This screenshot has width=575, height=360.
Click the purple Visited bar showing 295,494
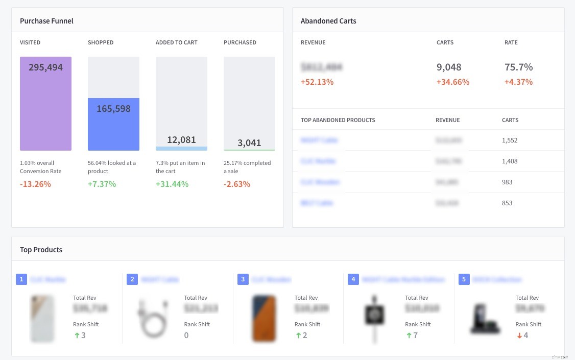click(45, 104)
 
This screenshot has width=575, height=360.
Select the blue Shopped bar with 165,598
click(113, 124)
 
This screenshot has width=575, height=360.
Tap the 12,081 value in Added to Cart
click(181, 139)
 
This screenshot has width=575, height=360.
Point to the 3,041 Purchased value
click(249, 143)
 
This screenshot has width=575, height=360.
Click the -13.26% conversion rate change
click(35, 184)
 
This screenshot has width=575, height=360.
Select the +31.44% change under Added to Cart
click(172, 184)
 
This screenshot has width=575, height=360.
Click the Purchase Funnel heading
click(46, 21)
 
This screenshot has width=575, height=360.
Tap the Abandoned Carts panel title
click(328, 21)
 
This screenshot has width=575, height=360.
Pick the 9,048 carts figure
click(449, 67)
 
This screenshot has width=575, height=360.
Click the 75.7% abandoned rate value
click(518, 67)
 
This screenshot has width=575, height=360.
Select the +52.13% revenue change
click(317, 82)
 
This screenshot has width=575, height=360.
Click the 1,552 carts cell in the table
click(510, 140)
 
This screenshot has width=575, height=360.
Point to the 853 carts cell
click(507, 203)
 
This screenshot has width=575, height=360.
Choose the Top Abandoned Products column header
click(338, 120)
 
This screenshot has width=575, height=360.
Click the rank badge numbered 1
click(21, 279)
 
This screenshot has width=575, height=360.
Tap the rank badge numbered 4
click(353, 279)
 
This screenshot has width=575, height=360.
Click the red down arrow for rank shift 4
click(518, 335)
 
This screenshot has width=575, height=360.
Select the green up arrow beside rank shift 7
click(409, 335)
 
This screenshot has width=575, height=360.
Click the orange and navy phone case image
click(264, 318)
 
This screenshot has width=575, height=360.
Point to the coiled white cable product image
click(153, 318)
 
